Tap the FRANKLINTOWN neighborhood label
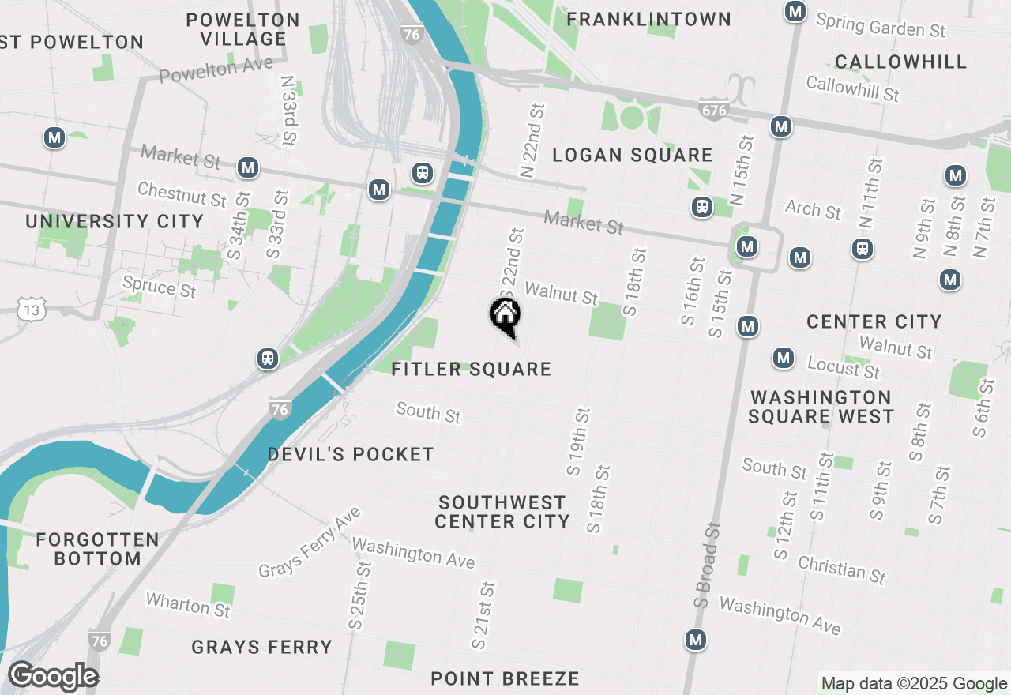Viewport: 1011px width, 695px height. click(649, 19)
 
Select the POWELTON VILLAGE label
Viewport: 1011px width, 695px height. click(243, 29)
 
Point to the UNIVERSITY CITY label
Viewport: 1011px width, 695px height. click(115, 221)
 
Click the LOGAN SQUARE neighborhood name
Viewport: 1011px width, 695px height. click(632, 155)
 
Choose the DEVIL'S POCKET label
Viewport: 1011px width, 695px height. click(351, 454)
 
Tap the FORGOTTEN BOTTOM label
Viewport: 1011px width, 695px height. click(97, 549)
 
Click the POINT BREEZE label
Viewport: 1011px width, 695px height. click(505, 678)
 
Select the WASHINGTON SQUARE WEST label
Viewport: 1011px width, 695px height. click(821, 407)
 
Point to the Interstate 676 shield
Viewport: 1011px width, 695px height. click(712, 110)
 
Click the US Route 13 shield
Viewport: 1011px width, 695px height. click(32, 310)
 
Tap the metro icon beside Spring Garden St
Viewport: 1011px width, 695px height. click(795, 11)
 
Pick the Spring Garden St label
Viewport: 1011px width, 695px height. click(881, 25)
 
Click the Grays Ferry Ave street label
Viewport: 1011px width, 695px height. click(310, 543)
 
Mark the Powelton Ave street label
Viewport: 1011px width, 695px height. click(216, 69)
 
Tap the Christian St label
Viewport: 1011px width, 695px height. click(842, 569)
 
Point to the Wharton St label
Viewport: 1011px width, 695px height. click(188, 606)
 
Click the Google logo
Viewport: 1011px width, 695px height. click(53, 677)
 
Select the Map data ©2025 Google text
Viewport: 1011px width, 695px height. click(914, 684)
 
